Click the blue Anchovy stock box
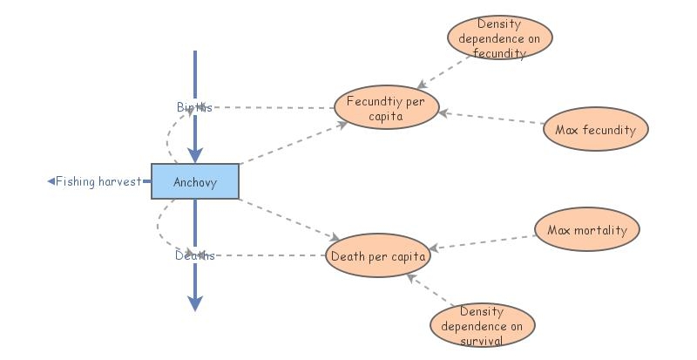tap(194, 181)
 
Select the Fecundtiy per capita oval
tap(386, 109)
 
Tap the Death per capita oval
tap(379, 256)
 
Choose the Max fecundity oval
tap(596, 131)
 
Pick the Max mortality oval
tap(587, 231)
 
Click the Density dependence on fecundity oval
tap(500, 38)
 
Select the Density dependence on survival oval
tap(482, 325)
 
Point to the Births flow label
tap(193, 107)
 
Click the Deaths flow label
tap(193, 255)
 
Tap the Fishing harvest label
tap(98, 181)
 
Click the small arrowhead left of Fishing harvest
tap(51, 181)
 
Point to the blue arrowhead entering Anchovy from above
tap(195, 155)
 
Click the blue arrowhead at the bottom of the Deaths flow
tap(195, 302)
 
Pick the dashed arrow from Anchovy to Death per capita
tap(288, 219)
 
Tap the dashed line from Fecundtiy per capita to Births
tap(274, 108)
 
